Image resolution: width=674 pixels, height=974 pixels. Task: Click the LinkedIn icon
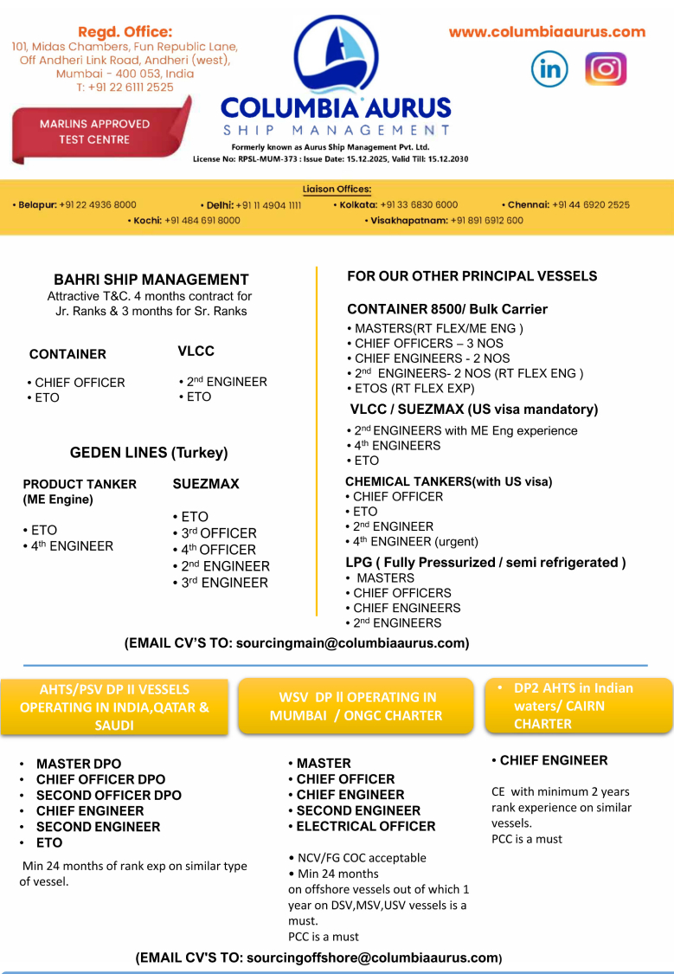point(549,69)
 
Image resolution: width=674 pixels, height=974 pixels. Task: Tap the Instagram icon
point(606,69)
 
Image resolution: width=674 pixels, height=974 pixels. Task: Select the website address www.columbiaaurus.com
point(547,32)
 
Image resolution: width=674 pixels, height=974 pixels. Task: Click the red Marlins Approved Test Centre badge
point(95,132)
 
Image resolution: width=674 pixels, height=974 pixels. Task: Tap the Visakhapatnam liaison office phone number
point(485,221)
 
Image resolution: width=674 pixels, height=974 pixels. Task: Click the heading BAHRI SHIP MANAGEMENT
point(151,280)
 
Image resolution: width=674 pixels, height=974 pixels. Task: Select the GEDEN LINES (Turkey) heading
point(149,453)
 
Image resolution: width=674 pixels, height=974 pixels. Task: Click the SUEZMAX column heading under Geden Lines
point(206,484)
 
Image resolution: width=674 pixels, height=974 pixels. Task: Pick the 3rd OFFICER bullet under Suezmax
point(219,533)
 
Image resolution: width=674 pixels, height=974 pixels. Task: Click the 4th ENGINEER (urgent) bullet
point(415,542)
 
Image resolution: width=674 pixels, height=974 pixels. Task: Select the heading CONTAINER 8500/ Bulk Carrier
point(447,309)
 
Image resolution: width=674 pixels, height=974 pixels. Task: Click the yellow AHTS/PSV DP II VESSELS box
point(114,707)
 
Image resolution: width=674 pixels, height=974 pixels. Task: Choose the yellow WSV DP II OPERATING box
point(356,706)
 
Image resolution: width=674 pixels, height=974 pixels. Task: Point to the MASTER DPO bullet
point(75,764)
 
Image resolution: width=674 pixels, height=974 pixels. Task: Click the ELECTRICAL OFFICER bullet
point(366,827)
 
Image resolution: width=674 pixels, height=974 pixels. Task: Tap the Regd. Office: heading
point(125,31)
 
